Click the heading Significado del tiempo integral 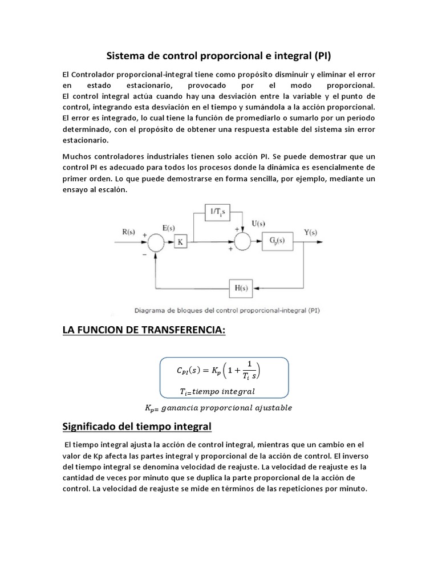136,426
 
